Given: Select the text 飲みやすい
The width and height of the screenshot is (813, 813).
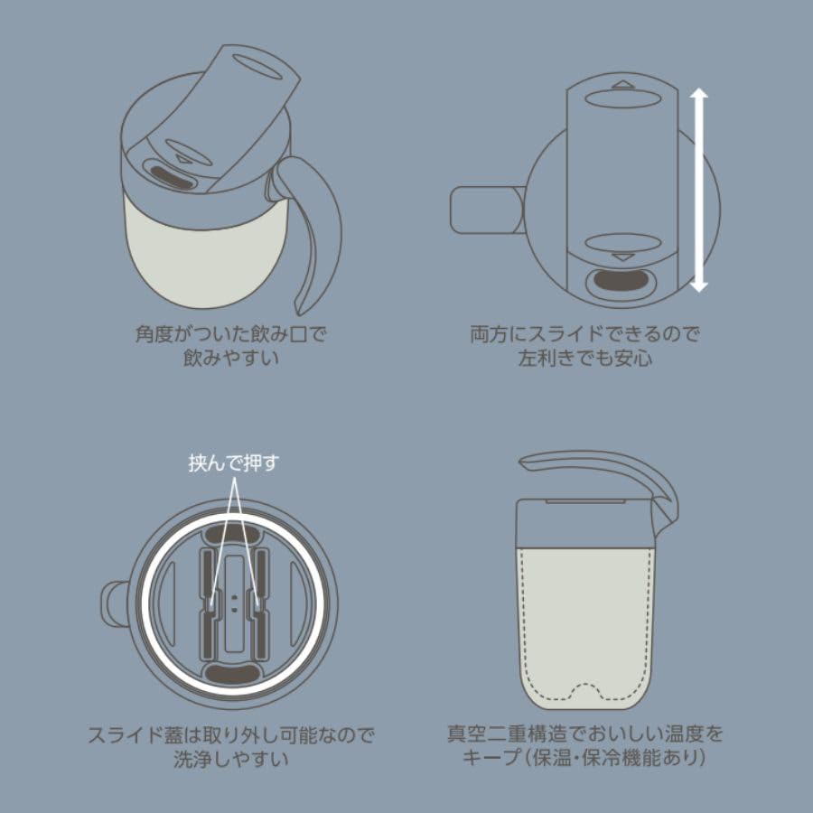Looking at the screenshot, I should [x=230, y=357].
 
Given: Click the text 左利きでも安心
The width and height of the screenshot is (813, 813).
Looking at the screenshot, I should [x=585, y=358].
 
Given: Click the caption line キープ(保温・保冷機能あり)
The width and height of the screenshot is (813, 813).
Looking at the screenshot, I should [x=584, y=757].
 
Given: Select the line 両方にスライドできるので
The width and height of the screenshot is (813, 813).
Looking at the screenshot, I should [x=585, y=334].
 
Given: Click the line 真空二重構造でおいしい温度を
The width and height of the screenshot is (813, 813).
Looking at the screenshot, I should [x=585, y=733].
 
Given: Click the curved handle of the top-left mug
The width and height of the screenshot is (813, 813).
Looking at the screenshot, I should [x=317, y=226].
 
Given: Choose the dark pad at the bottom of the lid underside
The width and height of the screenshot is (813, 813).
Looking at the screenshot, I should [x=234, y=673].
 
